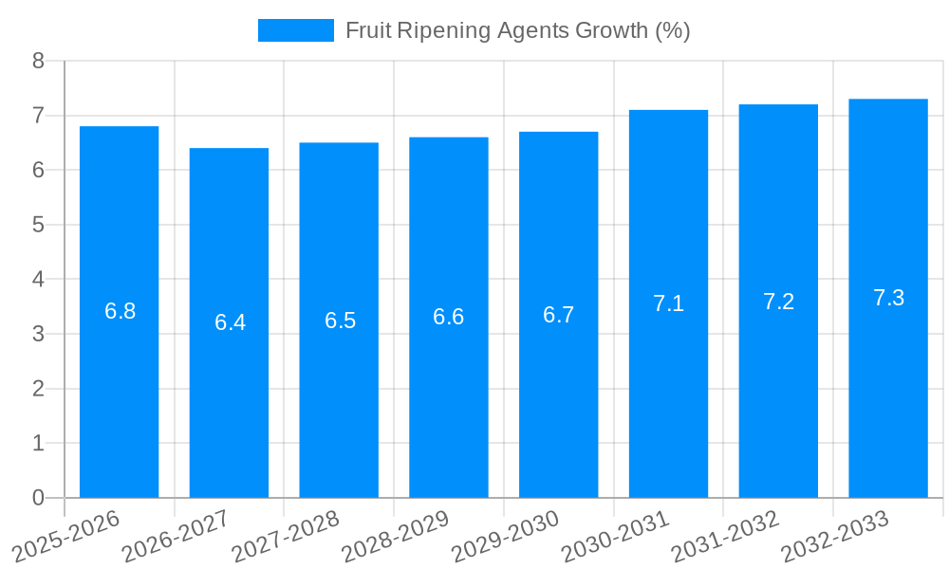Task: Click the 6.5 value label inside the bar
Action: (x=340, y=321)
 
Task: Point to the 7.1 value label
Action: (x=668, y=303)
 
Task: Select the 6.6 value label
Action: (x=448, y=317)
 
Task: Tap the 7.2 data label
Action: (x=778, y=302)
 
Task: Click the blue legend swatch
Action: (x=295, y=30)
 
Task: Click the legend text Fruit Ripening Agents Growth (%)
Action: (x=517, y=30)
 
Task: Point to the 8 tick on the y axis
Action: (x=38, y=61)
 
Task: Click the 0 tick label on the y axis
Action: (x=38, y=498)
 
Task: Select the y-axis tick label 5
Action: (x=38, y=225)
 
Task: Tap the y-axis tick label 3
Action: (x=38, y=334)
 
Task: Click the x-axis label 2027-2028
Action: (x=285, y=538)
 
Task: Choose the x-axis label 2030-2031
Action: (x=614, y=538)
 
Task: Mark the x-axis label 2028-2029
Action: (x=395, y=538)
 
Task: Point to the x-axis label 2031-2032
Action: (x=724, y=538)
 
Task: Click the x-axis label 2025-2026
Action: (x=66, y=538)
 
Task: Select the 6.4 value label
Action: (x=230, y=322)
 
